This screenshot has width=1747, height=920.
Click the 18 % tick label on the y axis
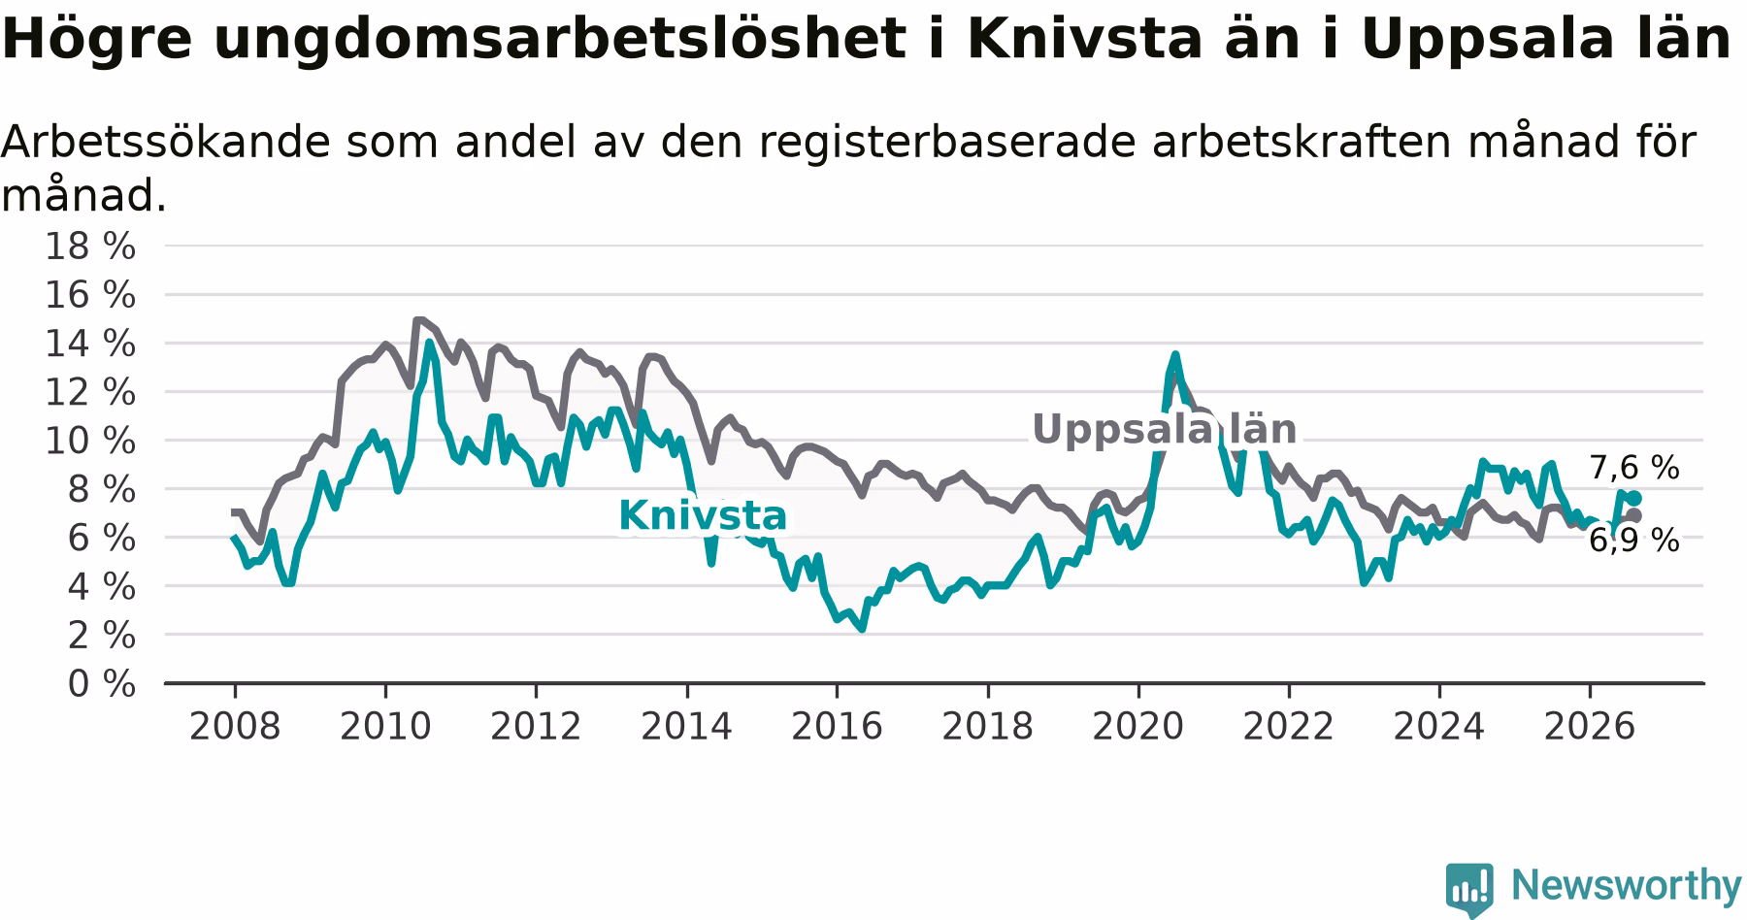pos(90,246)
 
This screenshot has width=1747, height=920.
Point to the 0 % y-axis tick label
pos(102,684)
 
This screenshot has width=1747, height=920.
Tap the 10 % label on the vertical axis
pos(90,442)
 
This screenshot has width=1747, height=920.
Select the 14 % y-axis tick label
pos(90,344)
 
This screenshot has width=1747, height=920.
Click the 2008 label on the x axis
pos(235,726)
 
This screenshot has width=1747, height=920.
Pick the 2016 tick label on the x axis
pos(837,726)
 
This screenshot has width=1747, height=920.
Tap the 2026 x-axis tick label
pos(1590,726)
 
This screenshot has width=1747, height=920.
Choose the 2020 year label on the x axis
pos(1138,726)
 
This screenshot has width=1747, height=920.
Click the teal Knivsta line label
pos(703,516)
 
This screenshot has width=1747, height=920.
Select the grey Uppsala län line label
pos(1164,429)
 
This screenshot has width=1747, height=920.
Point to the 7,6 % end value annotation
pos(1634,468)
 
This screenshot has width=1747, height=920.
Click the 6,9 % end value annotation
pos(1634,541)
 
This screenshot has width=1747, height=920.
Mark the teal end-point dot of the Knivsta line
pos(1634,498)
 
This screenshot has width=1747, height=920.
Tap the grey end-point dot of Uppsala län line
pos(1634,515)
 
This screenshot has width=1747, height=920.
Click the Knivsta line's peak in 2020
pos(1175,355)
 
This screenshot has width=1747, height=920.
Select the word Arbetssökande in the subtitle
pos(164,142)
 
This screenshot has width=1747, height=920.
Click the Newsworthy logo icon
pos(1469,889)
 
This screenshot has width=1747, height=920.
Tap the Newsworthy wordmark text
pos(1627,885)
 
